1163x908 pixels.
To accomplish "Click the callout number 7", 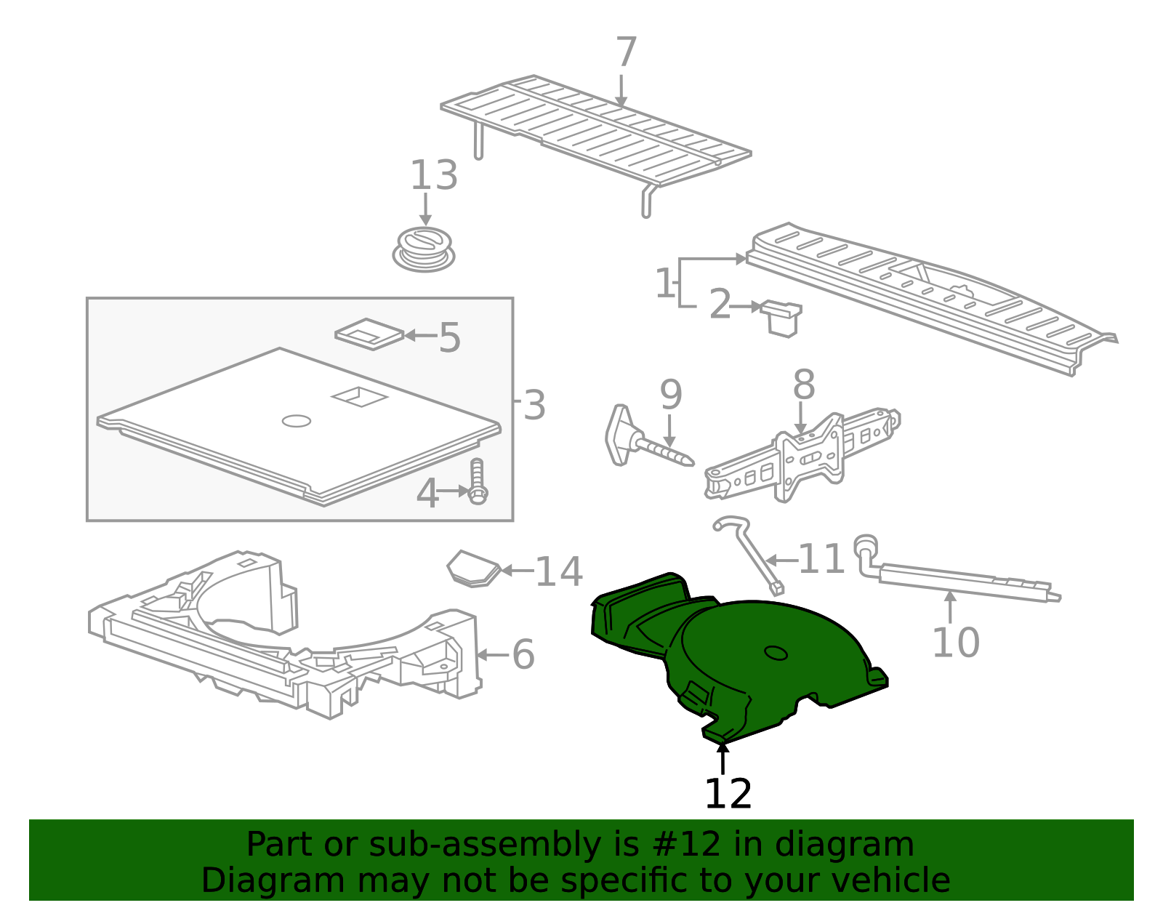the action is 626,52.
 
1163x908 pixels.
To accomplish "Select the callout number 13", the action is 433,175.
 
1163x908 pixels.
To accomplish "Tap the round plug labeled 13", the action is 423,249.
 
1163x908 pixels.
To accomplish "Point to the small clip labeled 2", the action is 781,318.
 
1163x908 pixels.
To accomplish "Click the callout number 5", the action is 449,337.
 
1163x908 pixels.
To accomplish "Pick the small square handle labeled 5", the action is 369,334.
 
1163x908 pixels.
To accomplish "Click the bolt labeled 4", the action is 478,481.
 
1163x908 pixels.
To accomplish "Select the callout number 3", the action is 534,405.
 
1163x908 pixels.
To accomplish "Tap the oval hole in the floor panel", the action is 297,421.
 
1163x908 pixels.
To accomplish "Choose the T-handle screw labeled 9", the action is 648,437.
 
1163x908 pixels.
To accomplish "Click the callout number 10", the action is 956,642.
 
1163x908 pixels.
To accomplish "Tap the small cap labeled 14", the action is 474,568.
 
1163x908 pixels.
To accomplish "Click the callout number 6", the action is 523,654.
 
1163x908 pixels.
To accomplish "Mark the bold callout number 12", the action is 728,793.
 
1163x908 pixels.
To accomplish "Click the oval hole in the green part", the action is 776,653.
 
